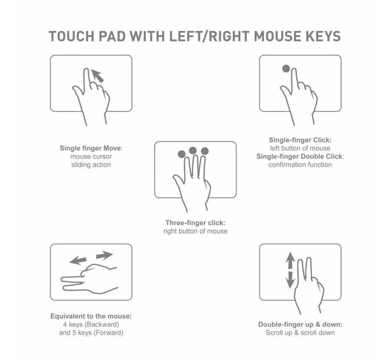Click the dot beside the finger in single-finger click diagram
(x=286, y=68)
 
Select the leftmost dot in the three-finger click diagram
(x=181, y=154)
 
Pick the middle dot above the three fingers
(x=193, y=151)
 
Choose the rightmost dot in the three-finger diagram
(x=204, y=151)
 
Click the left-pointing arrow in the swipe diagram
(x=78, y=260)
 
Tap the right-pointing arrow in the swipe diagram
(x=104, y=255)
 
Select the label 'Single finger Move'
(x=91, y=148)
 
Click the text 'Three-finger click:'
(x=195, y=223)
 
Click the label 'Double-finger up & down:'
(x=300, y=324)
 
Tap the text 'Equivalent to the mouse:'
(x=91, y=316)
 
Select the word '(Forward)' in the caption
(x=107, y=333)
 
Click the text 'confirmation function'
(x=300, y=165)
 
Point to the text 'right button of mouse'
(x=195, y=231)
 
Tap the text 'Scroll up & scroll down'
(x=300, y=333)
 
